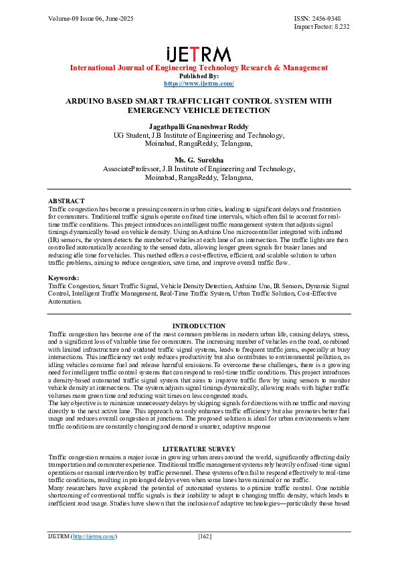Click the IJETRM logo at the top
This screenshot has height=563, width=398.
199,54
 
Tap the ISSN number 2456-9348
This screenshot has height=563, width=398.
335,18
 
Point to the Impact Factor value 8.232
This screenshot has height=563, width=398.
342,27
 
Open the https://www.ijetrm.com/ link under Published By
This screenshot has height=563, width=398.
199,84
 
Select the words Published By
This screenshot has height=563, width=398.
199,76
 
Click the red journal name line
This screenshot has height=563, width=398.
199,68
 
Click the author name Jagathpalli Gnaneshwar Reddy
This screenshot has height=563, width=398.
199,126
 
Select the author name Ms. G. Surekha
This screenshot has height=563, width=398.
199,161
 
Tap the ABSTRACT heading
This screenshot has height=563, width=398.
66,201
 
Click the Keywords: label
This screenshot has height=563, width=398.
64,277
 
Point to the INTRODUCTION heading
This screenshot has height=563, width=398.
199,326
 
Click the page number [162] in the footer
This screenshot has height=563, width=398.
205,536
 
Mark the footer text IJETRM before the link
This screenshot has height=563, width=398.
58,536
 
